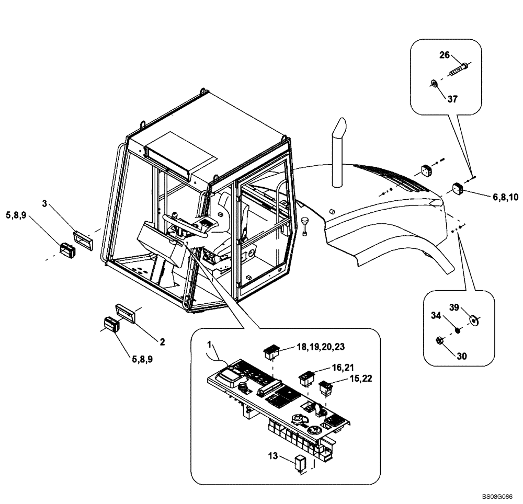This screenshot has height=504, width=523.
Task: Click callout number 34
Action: pos(436,315)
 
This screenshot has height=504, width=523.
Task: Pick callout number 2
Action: pos(162,342)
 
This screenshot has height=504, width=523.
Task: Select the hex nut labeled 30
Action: pos(440,341)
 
